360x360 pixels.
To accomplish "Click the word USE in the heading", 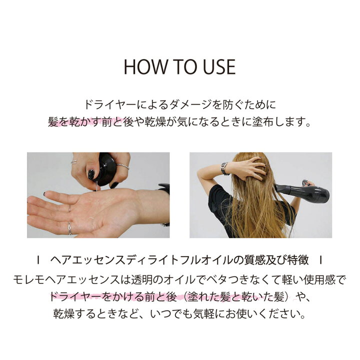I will pos(215,67).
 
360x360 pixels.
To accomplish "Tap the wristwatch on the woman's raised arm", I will pos(224,168).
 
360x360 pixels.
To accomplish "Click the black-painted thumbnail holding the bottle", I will pos(91,174).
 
